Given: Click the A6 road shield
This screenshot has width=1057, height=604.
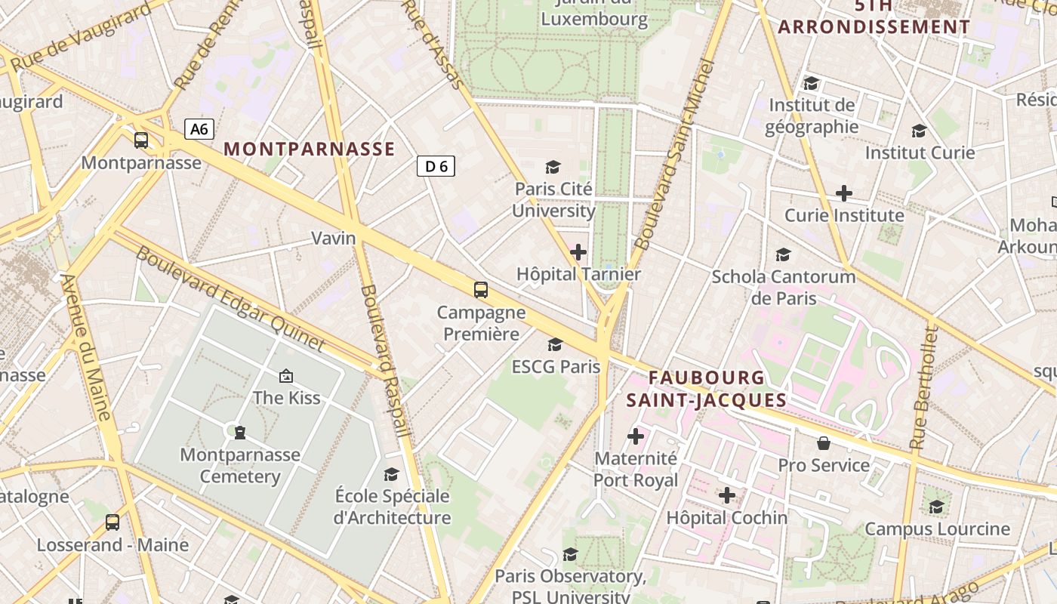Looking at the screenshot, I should coord(199,129).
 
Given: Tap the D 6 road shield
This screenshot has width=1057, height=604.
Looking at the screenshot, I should coord(436,166).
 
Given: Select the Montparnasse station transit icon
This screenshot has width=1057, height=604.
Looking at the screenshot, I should coord(141,140).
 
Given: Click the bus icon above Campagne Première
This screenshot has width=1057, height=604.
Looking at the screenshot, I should coord(480,289).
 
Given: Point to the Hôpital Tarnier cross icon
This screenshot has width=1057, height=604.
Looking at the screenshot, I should coord(578,251).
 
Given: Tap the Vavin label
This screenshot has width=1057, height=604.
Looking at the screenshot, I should coord(333,239).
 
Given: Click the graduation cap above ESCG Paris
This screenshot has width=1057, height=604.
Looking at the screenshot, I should coord(555,345).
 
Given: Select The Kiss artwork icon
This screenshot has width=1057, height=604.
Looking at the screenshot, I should coord(286,375).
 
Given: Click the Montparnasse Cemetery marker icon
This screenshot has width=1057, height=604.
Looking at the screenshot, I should coord(239,432).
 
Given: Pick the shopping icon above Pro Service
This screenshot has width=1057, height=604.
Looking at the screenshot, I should coord(823,443).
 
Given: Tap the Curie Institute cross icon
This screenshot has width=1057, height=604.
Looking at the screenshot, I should coord(843,193).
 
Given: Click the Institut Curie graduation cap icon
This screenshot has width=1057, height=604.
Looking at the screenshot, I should coord(919,131).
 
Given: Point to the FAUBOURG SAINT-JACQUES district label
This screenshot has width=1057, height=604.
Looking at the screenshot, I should coord(706,389).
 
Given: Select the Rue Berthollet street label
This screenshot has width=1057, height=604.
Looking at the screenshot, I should coord(923,388).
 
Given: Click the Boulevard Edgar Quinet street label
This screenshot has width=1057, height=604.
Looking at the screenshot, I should coord(230,299).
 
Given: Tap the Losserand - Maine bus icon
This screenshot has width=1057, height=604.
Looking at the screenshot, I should coord(112,522).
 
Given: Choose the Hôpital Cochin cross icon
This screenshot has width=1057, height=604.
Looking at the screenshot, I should coord(726,495).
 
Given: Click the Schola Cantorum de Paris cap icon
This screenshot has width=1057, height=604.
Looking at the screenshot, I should coord(783,254).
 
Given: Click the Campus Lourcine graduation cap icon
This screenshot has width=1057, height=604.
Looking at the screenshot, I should coord(936,507).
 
